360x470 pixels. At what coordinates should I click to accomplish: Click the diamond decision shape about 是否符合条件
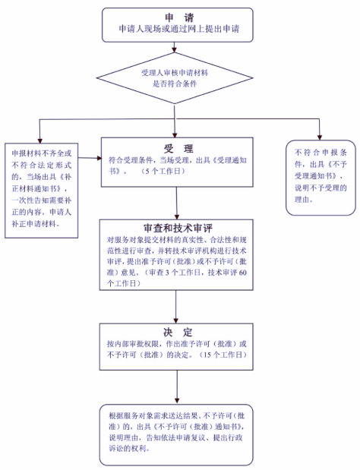click(x=175, y=78)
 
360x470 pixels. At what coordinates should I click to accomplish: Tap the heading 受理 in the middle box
click(x=178, y=149)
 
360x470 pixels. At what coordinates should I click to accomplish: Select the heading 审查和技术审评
click(x=178, y=229)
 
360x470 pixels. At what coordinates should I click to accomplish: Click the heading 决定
click(x=178, y=332)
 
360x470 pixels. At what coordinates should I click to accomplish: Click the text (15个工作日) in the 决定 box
click(x=223, y=355)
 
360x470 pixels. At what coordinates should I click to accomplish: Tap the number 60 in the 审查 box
click(x=243, y=273)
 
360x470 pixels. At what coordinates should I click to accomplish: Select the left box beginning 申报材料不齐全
click(x=41, y=191)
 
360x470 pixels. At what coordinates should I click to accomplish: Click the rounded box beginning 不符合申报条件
click(x=321, y=178)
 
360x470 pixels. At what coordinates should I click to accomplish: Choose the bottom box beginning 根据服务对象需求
click(x=176, y=435)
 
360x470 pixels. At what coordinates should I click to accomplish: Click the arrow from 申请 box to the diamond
click(x=175, y=47)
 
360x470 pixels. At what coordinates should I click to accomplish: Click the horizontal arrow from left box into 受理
click(x=90, y=158)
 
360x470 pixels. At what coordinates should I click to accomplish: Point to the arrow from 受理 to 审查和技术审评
click(x=176, y=203)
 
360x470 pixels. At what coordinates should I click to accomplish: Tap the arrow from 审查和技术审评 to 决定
click(x=176, y=307)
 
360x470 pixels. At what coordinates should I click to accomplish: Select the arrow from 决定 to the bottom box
click(x=177, y=386)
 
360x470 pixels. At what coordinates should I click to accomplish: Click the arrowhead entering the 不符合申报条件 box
click(x=320, y=137)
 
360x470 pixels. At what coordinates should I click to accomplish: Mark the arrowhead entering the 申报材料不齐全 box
click(x=39, y=140)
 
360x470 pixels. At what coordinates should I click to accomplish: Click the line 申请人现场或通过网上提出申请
click(x=179, y=29)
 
